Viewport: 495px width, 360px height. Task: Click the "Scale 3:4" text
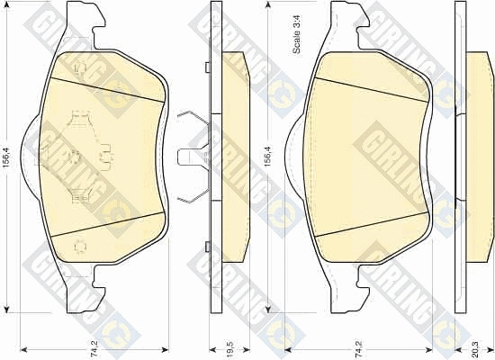tap(297, 34)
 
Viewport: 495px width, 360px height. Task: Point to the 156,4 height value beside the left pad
tap(7, 157)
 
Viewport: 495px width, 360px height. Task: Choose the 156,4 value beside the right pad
tap(268, 157)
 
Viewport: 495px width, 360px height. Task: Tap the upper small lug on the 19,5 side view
tap(207, 67)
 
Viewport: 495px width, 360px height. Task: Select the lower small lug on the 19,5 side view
tap(207, 247)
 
